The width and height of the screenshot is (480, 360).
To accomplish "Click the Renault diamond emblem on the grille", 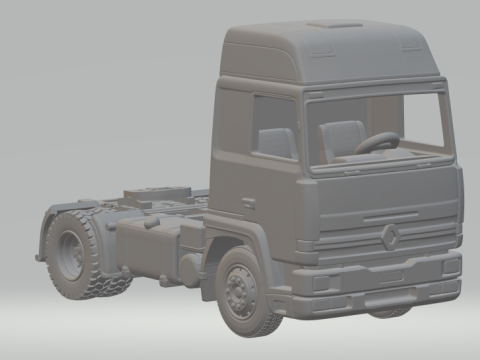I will pos(390,237).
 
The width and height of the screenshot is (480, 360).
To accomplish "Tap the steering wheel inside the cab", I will pos(376,143).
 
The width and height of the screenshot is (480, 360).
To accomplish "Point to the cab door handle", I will pos(247,203).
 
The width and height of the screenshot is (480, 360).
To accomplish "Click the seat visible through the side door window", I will pos(274,142).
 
